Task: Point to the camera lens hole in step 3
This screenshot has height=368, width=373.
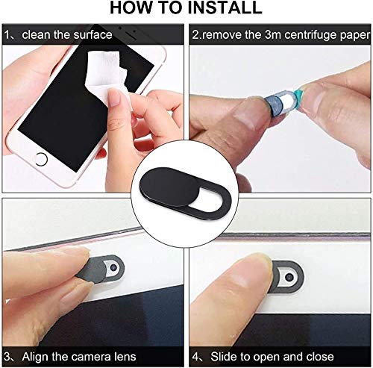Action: [x=113, y=267]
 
